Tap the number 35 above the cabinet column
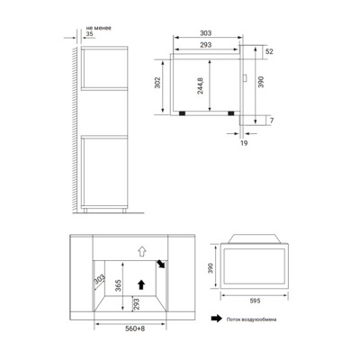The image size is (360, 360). point(90,33)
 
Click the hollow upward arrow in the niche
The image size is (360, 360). point(139,250)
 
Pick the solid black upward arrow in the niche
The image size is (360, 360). point(139,283)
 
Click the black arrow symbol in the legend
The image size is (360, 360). point(216,319)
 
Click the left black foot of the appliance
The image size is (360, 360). point(184,114)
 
